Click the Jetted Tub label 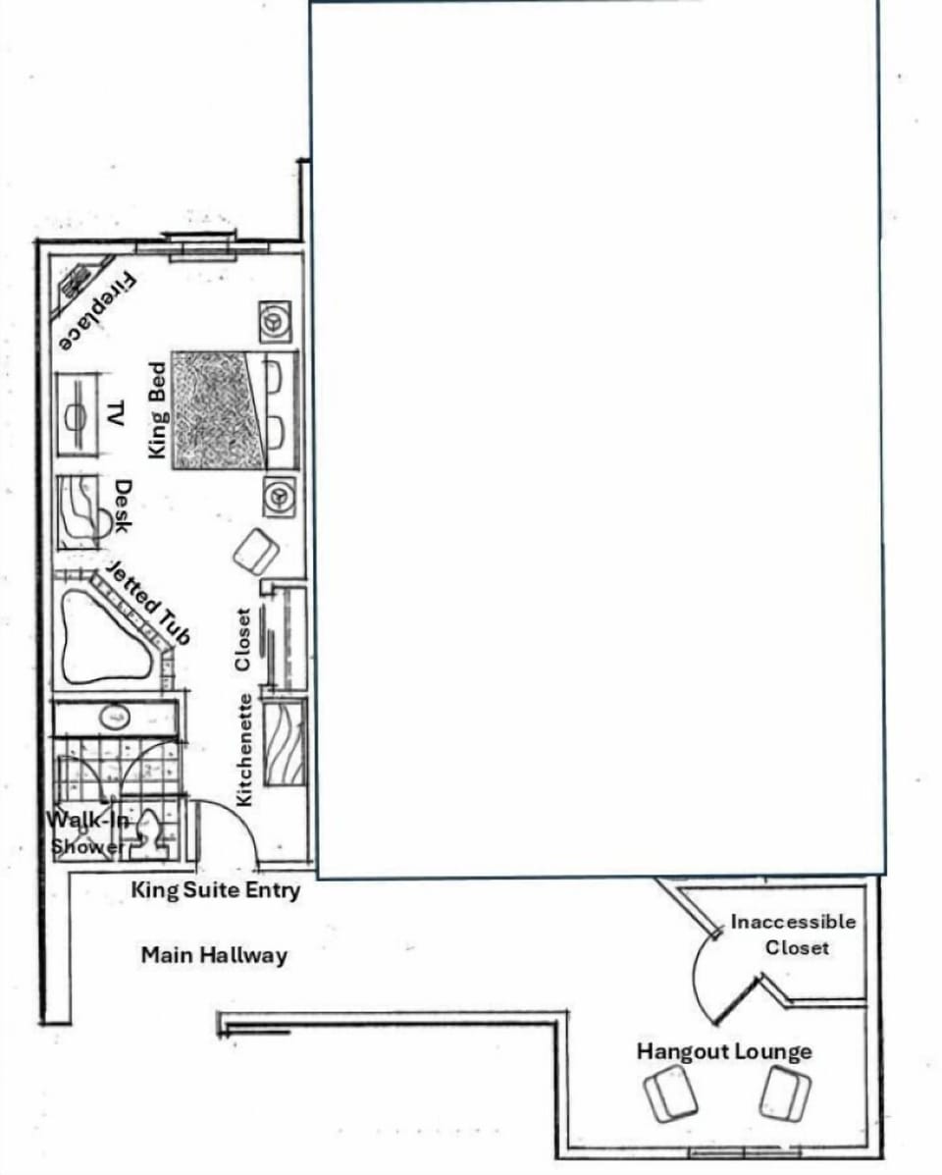click(147, 603)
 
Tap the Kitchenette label click(245, 751)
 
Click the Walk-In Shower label click(88, 832)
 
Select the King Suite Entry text click(216, 890)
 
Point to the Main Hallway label click(214, 954)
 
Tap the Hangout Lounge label click(724, 1052)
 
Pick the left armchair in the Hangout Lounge click(671, 1095)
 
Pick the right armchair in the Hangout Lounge click(786, 1094)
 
